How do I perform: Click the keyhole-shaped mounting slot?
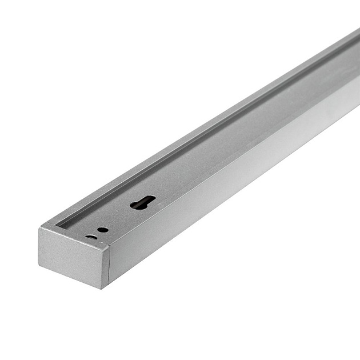142,202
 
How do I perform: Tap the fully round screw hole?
103,230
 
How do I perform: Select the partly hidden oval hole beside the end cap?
90,236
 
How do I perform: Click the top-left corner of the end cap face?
39,229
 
